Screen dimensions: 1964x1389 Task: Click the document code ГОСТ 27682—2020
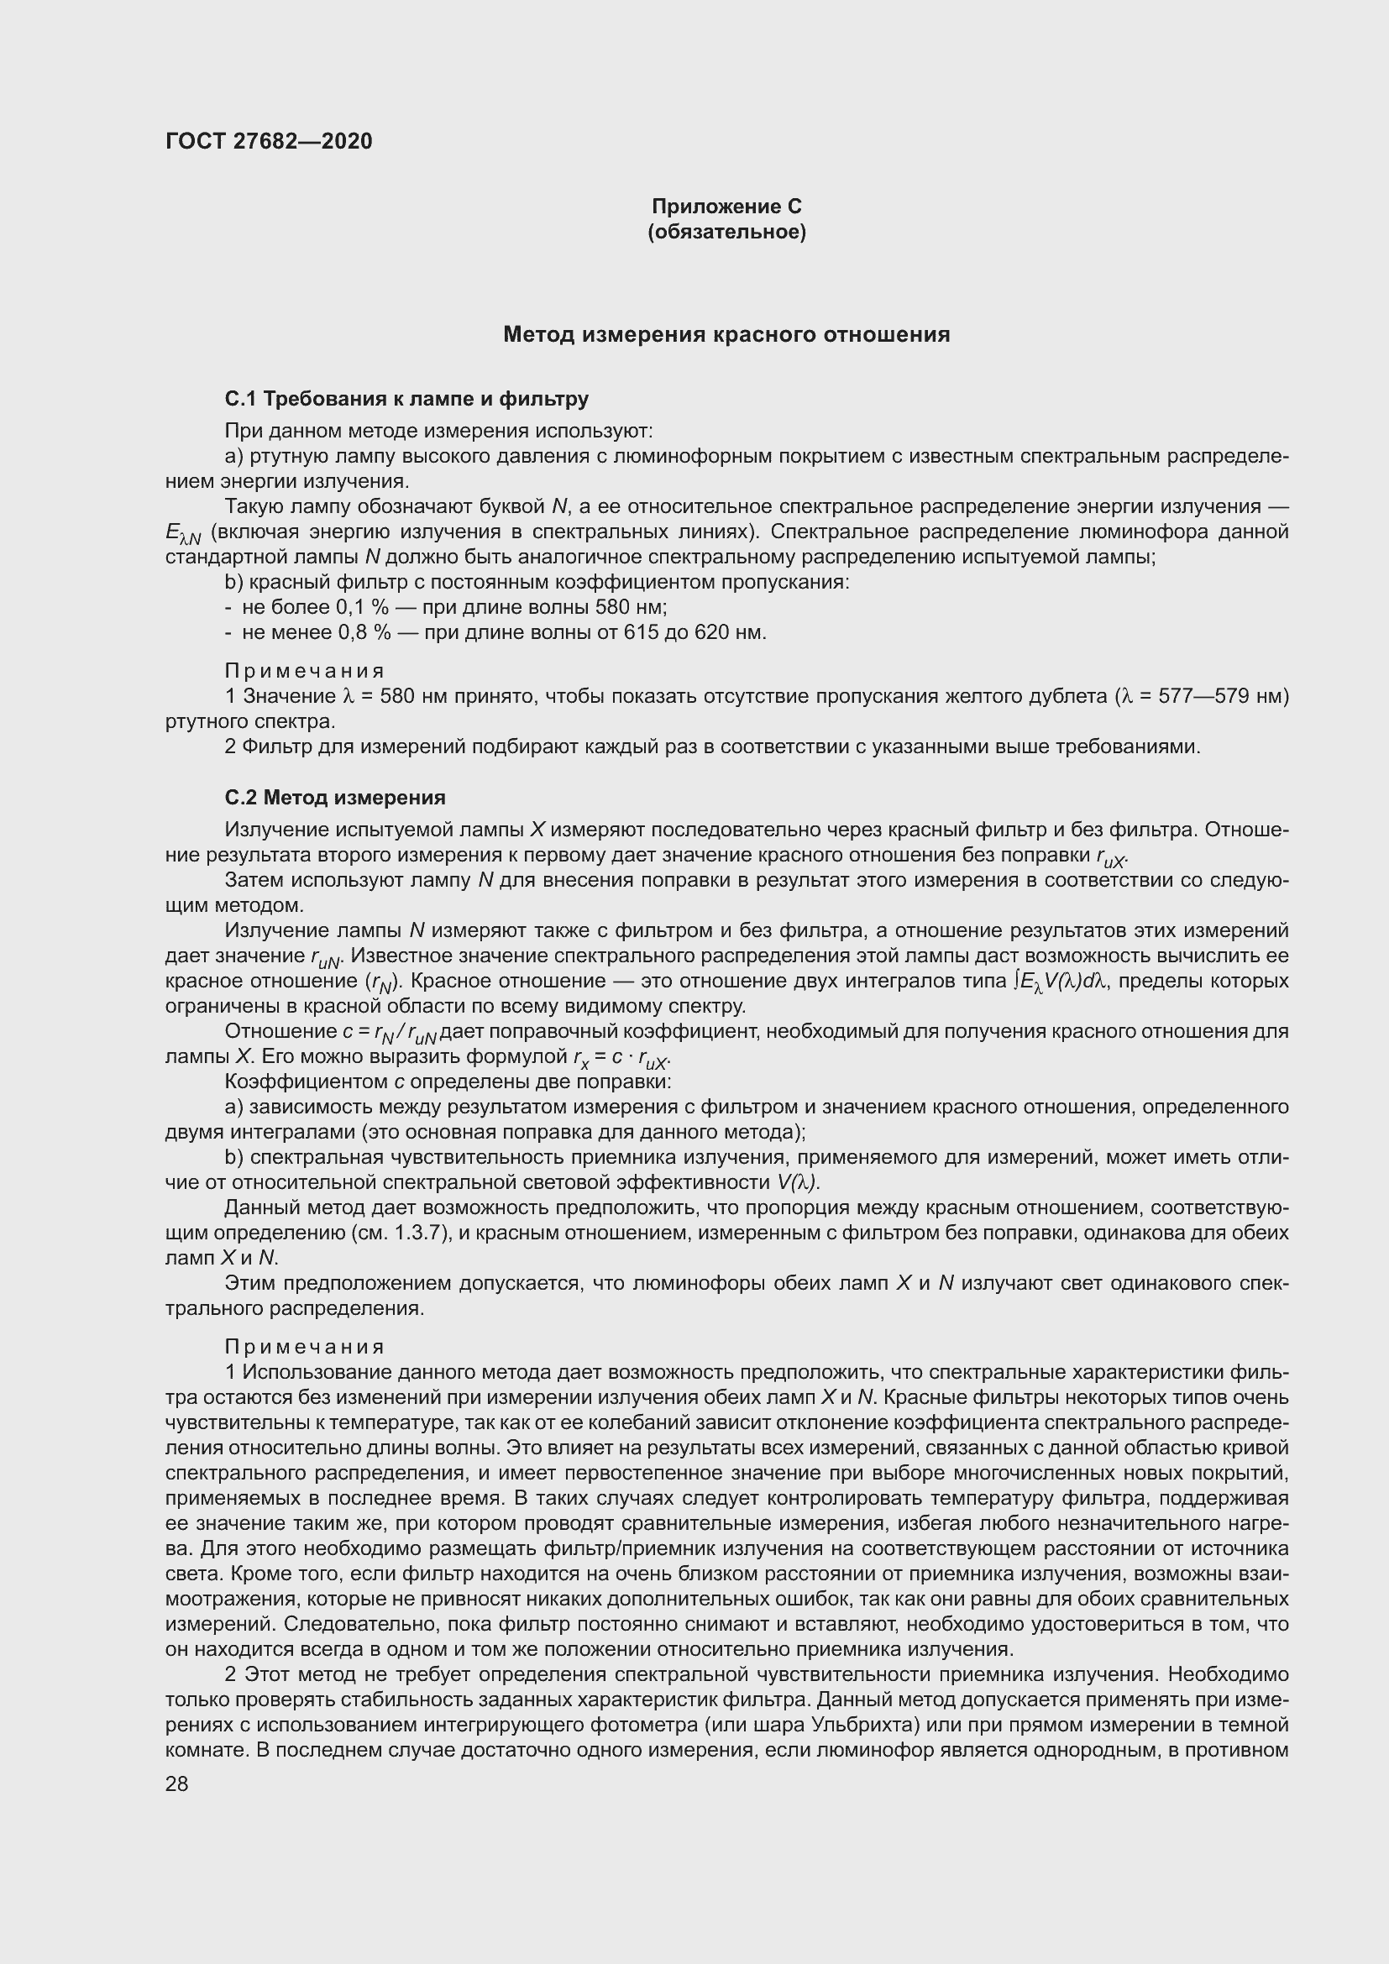[x=269, y=141]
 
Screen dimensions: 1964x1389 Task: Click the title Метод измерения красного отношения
[x=726, y=334]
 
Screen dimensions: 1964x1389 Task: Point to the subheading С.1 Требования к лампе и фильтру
[x=406, y=399]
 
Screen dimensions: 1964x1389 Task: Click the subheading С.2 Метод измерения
[x=334, y=797]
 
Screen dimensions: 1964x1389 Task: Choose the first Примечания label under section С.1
[x=305, y=671]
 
